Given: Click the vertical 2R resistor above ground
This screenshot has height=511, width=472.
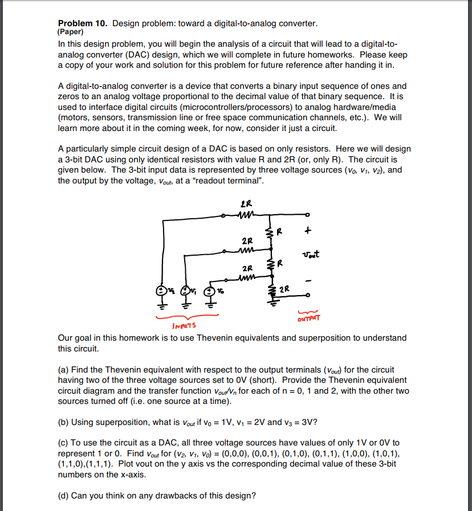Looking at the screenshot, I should click(x=271, y=290).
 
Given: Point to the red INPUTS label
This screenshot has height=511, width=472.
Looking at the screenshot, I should click(x=183, y=326).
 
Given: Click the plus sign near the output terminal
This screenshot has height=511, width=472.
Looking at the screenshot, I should click(x=308, y=232).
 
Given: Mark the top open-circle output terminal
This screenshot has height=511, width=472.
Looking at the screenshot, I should click(x=308, y=215).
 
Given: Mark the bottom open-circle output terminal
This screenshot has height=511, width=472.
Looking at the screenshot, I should click(x=308, y=296).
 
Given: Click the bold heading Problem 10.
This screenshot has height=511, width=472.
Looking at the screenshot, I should click(x=83, y=23).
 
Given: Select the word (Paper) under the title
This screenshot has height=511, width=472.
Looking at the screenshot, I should click(x=71, y=32).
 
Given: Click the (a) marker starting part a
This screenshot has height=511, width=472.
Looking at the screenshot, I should click(x=64, y=370).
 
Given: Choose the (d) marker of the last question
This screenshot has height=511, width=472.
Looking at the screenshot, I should click(x=64, y=496).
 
